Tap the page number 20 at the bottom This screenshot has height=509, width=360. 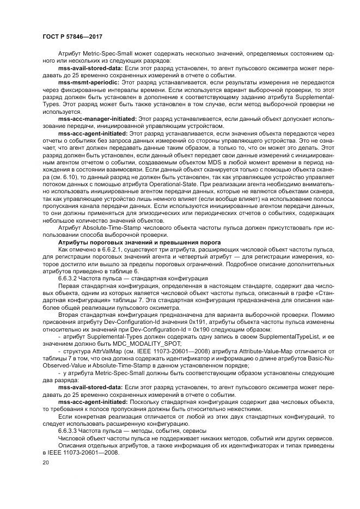click(45, 462)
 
